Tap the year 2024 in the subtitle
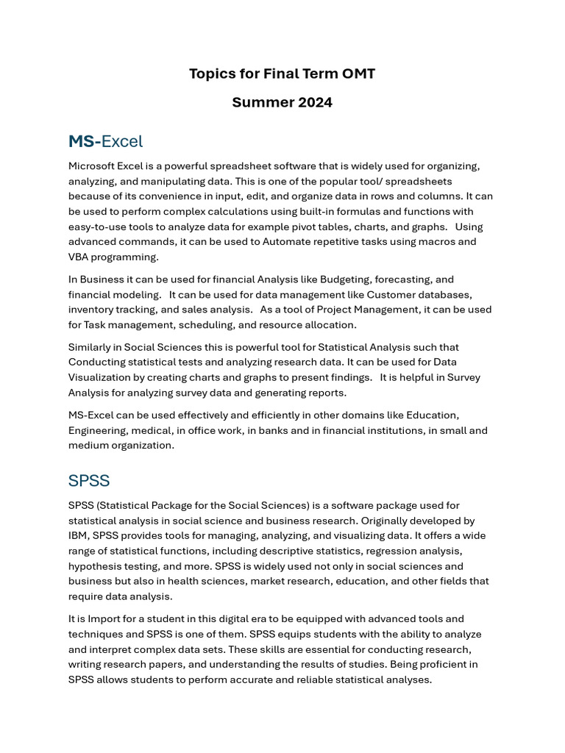315,102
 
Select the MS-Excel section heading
105,141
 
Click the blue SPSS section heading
89,481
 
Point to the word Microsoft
93,166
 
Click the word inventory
91,310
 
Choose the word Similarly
93,347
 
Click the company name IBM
78,535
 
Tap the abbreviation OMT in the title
358,74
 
